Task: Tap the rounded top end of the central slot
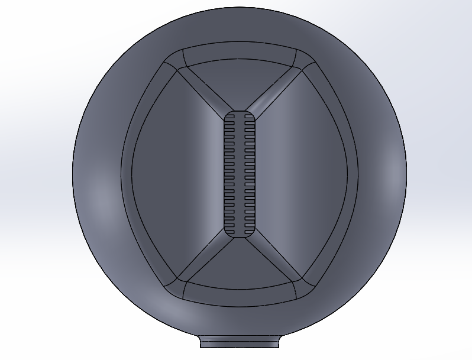point(240,114)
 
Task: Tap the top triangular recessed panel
point(240,83)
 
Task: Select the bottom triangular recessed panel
point(240,266)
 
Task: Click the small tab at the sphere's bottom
point(240,342)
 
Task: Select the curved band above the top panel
point(240,51)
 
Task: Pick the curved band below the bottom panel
point(240,297)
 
